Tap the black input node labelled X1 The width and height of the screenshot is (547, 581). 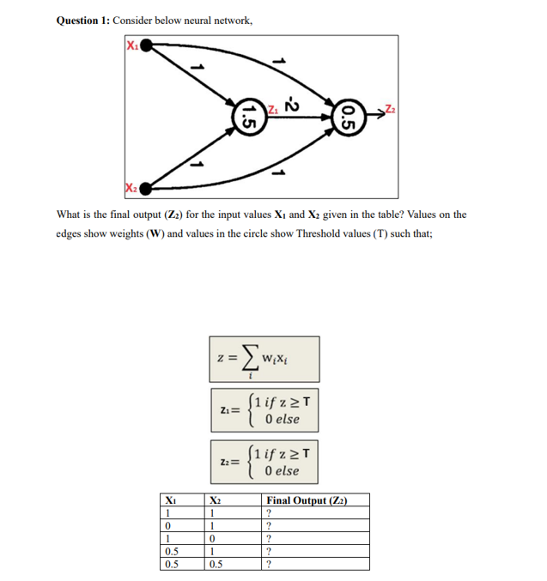(x=147, y=45)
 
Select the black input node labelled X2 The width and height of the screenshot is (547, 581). (x=147, y=187)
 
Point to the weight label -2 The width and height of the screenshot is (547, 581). (x=290, y=100)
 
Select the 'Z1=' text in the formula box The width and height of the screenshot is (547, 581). (x=229, y=409)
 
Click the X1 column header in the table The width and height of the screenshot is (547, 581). (x=171, y=500)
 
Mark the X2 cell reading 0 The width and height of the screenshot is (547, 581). (x=212, y=538)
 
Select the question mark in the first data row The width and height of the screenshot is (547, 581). (x=270, y=512)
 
